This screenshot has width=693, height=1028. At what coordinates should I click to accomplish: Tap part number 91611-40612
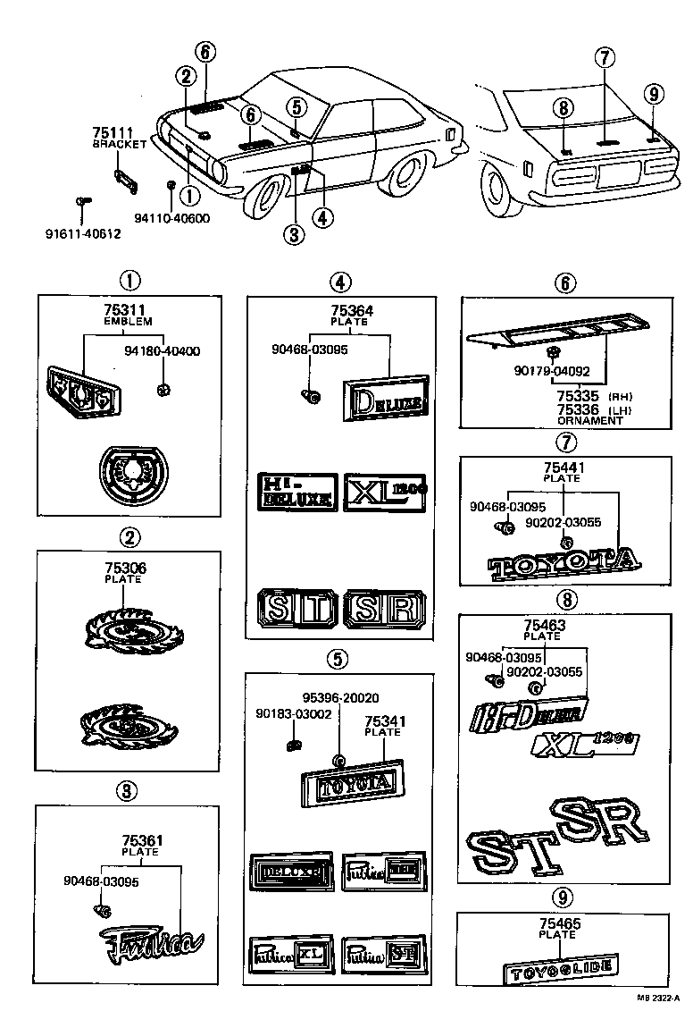[x=83, y=234]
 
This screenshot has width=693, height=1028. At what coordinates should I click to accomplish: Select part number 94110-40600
[x=172, y=217]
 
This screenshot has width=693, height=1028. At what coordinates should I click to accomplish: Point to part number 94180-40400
[x=163, y=350]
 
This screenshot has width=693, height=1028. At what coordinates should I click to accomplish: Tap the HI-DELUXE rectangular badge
[x=297, y=491]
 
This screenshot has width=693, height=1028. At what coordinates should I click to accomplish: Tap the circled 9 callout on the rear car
[x=653, y=94]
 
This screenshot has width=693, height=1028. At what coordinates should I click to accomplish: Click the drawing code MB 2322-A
[x=658, y=999]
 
